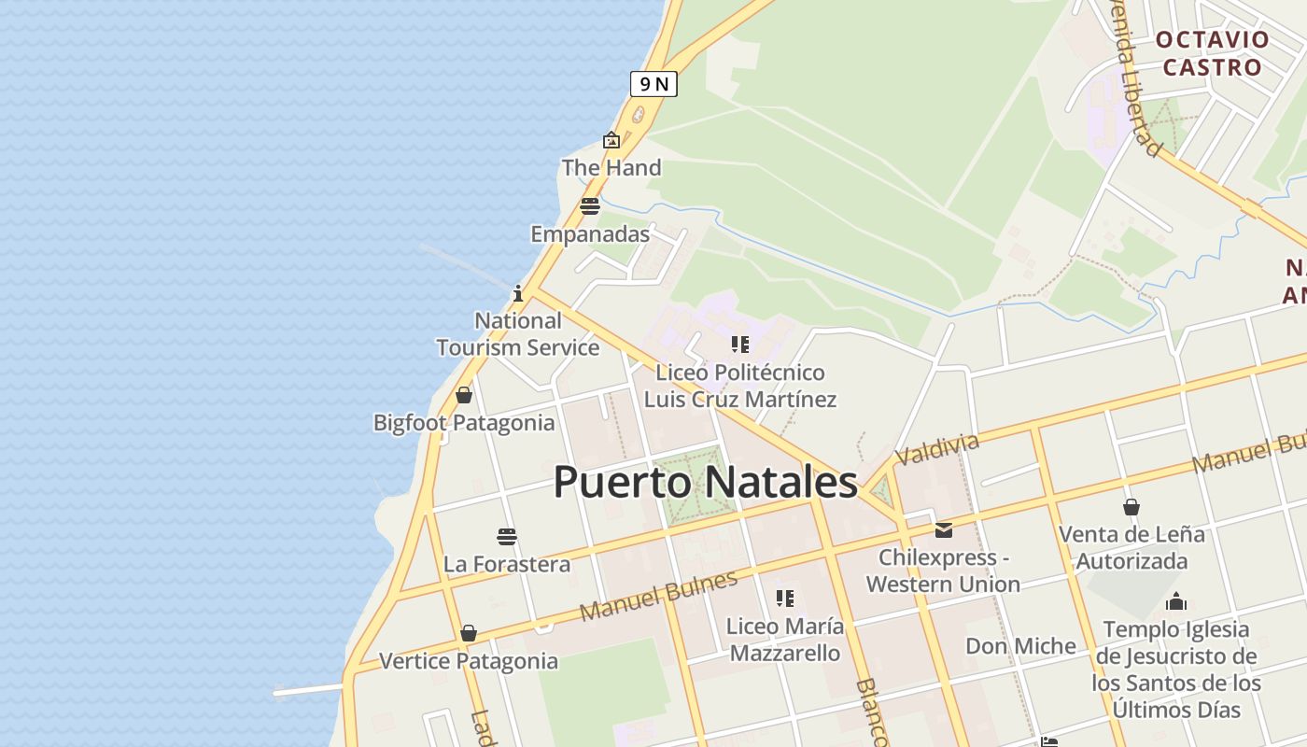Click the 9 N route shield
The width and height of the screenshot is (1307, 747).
coord(653,84)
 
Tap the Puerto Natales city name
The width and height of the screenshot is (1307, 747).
coord(705,483)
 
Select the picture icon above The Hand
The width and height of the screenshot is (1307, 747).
coord(611,141)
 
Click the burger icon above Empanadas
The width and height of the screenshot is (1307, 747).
coord(589,206)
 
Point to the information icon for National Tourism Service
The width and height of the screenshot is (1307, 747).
coord(518,294)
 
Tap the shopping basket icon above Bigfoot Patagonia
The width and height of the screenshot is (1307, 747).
coord(464,395)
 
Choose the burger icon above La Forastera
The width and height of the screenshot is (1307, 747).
coord(507,537)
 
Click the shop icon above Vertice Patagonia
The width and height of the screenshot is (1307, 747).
coord(469,634)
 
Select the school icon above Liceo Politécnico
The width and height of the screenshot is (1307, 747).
coord(740,345)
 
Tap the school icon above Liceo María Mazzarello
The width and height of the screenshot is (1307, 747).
coord(785,598)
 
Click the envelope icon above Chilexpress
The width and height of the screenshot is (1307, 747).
coord(944,530)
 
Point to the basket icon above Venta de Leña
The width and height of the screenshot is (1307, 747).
coord(1131,507)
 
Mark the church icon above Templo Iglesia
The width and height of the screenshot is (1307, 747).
coord(1176,601)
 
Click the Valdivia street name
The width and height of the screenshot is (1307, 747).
coord(936,448)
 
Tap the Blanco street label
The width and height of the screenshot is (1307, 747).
coord(870,712)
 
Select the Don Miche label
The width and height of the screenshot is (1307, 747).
coord(1020,646)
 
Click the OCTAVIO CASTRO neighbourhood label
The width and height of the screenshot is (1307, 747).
coord(1212,53)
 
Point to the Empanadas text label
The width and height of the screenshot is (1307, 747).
coord(590,234)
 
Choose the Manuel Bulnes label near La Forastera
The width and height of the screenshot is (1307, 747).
coord(658,597)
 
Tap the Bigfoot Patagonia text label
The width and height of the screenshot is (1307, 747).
coord(464,423)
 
